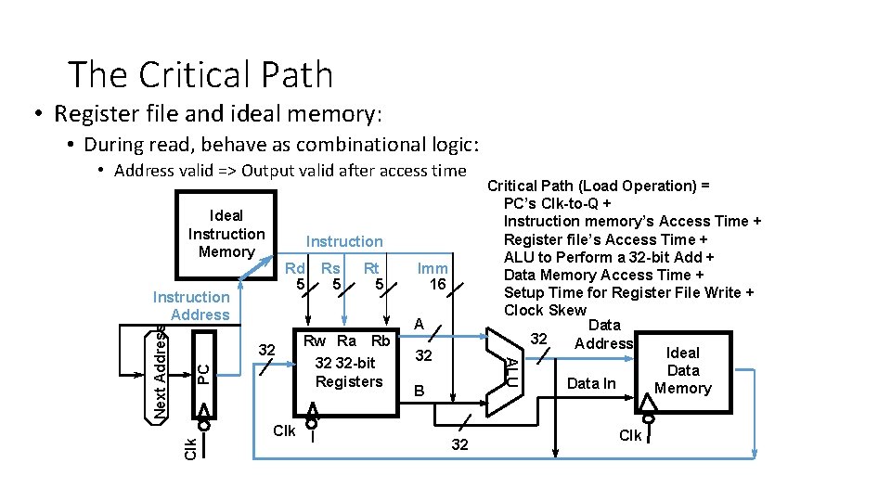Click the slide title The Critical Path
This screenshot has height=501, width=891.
[200, 74]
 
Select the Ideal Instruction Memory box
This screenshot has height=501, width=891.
[226, 233]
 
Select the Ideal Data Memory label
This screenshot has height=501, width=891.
[682, 370]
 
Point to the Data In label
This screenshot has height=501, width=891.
[590, 383]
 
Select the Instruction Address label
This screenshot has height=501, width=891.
[191, 305]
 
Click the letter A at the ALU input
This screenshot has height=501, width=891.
[419, 324]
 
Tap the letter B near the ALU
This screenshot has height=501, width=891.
[419, 392]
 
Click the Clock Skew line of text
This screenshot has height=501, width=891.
[545, 310]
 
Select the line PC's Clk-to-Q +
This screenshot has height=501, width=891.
[557, 203]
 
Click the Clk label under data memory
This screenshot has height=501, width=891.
[630, 435]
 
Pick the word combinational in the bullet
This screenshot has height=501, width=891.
[368, 145]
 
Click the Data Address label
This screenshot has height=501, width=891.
[603, 334]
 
